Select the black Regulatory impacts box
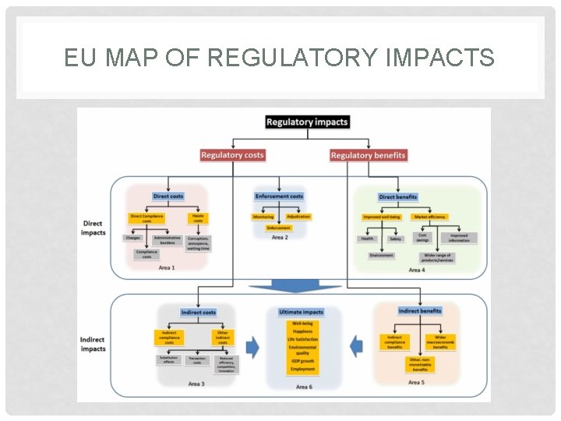[307, 122]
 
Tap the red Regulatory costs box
[232, 155]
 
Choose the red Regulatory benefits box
[368, 155]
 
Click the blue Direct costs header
[168, 196]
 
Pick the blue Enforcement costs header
[278, 196]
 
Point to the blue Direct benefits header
[398, 197]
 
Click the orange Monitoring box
[263, 217]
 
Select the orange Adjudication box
[298, 217]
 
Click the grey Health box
[367, 239]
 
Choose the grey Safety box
[396, 239]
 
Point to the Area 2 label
[278, 237]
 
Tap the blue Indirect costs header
[198, 312]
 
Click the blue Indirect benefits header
[419, 310]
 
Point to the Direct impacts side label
[93, 228]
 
